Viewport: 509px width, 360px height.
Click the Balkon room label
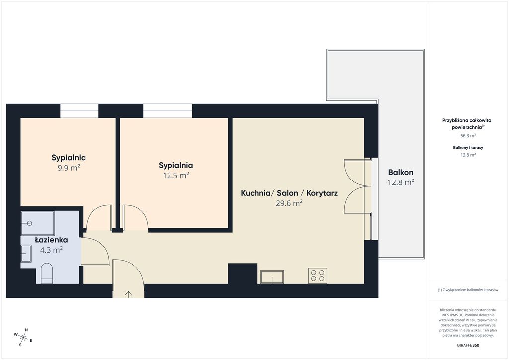(x=401, y=172)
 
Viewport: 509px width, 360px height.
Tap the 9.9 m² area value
(x=69, y=168)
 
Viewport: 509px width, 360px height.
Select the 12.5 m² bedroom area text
(x=175, y=176)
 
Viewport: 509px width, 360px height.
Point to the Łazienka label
(x=51, y=240)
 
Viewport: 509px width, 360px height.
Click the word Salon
(x=287, y=193)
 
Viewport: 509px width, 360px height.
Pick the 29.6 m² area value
(x=289, y=203)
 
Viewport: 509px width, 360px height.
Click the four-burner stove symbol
(x=318, y=275)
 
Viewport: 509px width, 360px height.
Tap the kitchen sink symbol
(x=272, y=277)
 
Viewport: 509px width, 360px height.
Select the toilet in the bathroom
(x=47, y=273)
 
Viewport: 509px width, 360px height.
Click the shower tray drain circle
(x=30, y=223)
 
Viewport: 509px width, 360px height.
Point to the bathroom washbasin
(x=26, y=253)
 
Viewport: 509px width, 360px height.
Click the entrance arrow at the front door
(x=129, y=294)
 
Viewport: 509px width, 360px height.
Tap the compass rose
(x=23, y=337)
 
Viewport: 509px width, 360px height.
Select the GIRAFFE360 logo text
(x=468, y=345)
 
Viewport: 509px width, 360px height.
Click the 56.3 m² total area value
(x=468, y=136)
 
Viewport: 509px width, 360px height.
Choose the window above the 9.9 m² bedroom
(x=79, y=111)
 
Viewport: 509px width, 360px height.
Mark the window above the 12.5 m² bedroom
(x=168, y=111)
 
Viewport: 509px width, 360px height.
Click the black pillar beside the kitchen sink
(x=243, y=273)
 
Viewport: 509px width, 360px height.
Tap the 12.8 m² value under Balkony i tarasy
(x=468, y=155)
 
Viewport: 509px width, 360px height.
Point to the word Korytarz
(x=322, y=193)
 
